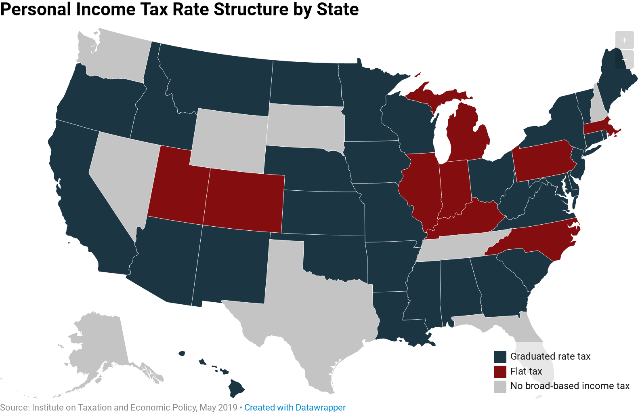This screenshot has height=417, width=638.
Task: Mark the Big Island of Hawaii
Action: coord(236,388)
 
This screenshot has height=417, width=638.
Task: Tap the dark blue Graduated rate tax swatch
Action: coord(500,357)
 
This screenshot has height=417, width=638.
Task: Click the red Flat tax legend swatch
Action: coord(500,371)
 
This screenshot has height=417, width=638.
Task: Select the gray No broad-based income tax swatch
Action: coord(500,386)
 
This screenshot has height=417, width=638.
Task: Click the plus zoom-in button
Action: coord(624,40)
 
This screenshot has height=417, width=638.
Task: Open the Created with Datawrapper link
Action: coord(295,407)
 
